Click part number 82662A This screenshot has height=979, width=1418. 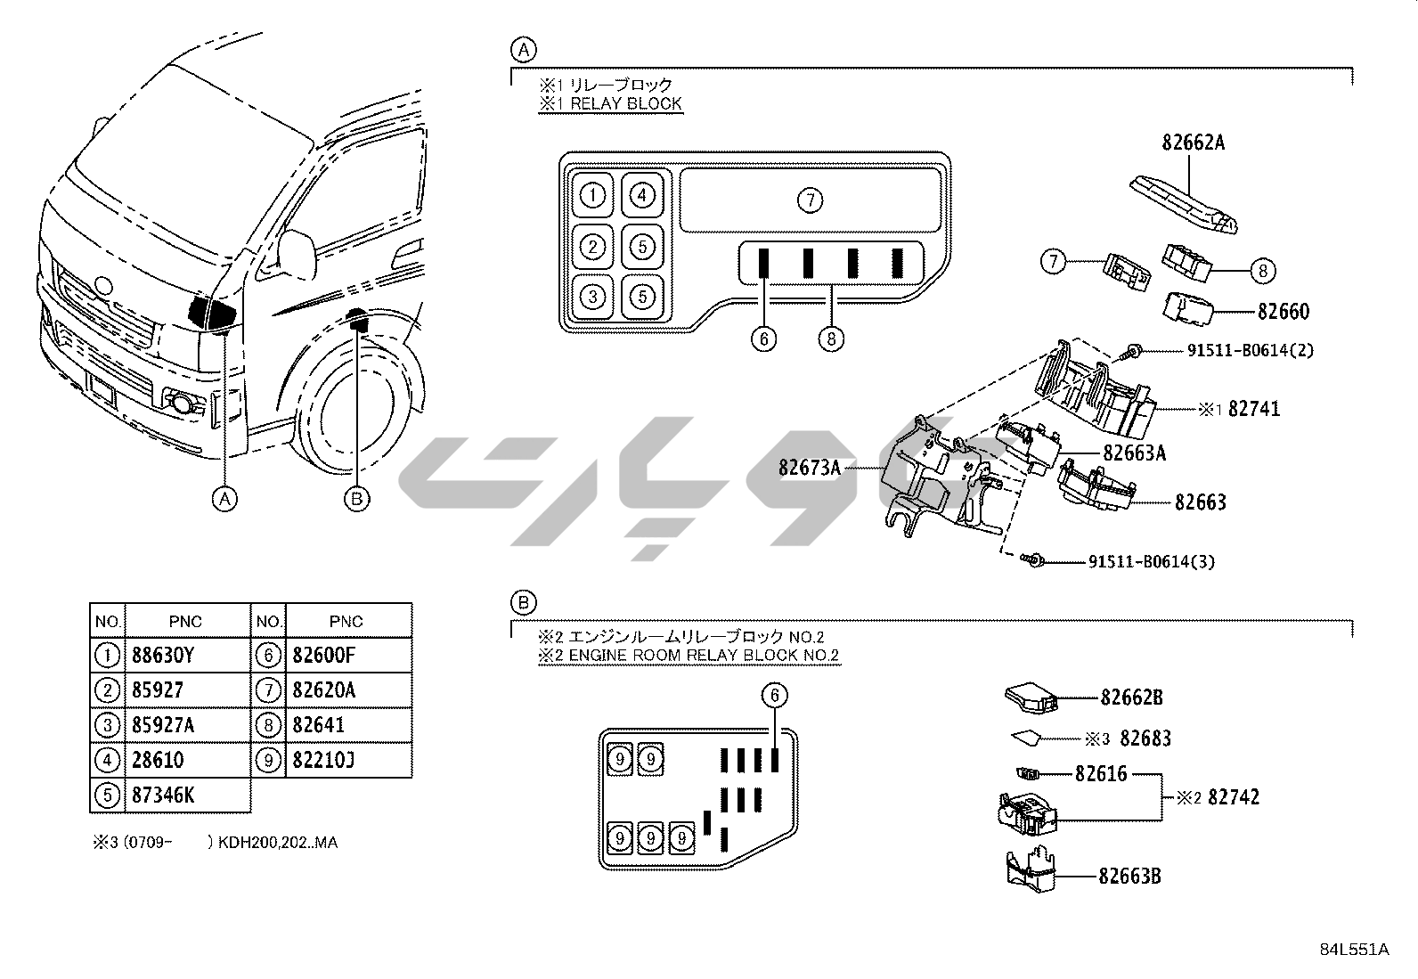click(1193, 142)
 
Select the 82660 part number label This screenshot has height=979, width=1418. click(1283, 312)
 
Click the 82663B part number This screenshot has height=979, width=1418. click(1129, 876)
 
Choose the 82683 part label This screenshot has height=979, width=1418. click(1145, 738)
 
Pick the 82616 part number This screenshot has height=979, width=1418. click(1101, 773)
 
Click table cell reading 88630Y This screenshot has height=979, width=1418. click(162, 657)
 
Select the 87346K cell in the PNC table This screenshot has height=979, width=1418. click(162, 795)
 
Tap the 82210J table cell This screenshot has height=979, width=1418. click(323, 760)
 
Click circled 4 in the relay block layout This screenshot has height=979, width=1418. click(643, 194)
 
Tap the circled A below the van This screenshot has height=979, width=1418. click(225, 499)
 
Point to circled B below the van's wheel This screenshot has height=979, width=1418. click(356, 499)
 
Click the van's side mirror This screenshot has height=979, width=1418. click(297, 253)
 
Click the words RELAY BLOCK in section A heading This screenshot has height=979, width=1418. click(625, 103)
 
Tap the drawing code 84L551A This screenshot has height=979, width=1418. click(1354, 949)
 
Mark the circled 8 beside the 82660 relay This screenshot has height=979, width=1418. click(1262, 271)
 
